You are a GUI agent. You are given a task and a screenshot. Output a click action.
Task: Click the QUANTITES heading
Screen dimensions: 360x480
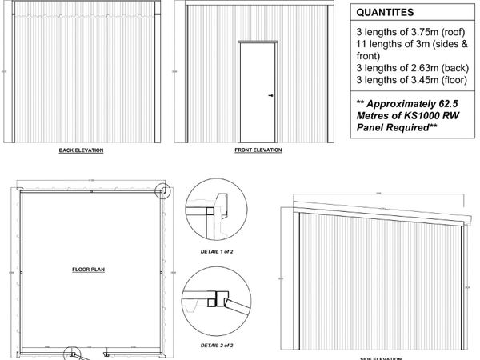[385, 12]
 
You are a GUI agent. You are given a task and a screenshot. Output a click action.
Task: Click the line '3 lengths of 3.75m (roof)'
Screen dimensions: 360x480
[405, 31]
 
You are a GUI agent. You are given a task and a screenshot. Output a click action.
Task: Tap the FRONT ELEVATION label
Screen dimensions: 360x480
[257, 150]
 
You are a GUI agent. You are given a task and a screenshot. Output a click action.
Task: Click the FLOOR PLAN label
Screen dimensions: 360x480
[90, 269]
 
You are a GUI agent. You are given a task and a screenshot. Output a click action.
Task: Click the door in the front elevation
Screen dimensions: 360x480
[257, 92]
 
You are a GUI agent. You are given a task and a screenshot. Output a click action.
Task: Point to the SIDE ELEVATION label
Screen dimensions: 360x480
[381, 356]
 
